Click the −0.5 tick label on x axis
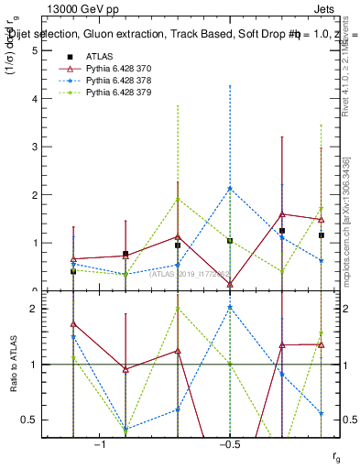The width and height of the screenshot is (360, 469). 229,444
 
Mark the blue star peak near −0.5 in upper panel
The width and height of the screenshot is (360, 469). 230,189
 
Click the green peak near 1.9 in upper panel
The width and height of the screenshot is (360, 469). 178,199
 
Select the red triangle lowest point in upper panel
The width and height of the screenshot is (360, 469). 230,284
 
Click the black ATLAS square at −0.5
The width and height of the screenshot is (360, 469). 230,241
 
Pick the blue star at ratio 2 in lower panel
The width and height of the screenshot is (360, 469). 230,308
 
